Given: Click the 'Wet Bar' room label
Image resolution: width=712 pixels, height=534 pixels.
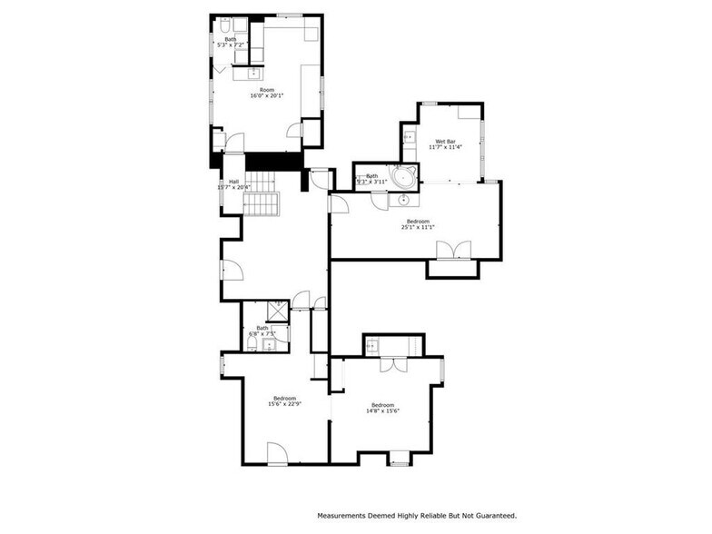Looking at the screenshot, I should (x=445, y=142).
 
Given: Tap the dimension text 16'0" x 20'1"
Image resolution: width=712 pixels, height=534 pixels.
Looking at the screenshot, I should (x=267, y=95).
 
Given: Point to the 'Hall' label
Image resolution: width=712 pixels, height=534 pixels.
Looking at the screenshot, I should (x=234, y=182).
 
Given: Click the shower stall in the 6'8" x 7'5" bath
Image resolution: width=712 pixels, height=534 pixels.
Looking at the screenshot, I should (x=277, y=313).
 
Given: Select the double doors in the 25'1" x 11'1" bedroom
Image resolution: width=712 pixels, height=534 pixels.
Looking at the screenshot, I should (x=453, y=251).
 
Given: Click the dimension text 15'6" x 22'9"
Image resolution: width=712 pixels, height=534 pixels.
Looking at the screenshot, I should (x=284, y=404).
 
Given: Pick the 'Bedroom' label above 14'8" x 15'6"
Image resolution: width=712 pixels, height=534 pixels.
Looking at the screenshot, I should (x=382, y=405).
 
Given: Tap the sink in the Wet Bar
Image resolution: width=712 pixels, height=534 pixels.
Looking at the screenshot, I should (x=408, y=137).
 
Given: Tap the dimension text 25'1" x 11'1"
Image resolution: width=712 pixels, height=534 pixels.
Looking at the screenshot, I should (x=418, y=227).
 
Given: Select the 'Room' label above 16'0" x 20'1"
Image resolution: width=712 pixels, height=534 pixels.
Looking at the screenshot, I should (x=267, y=90).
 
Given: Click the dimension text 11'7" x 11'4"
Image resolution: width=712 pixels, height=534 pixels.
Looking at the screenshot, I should (x=445, y=147).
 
